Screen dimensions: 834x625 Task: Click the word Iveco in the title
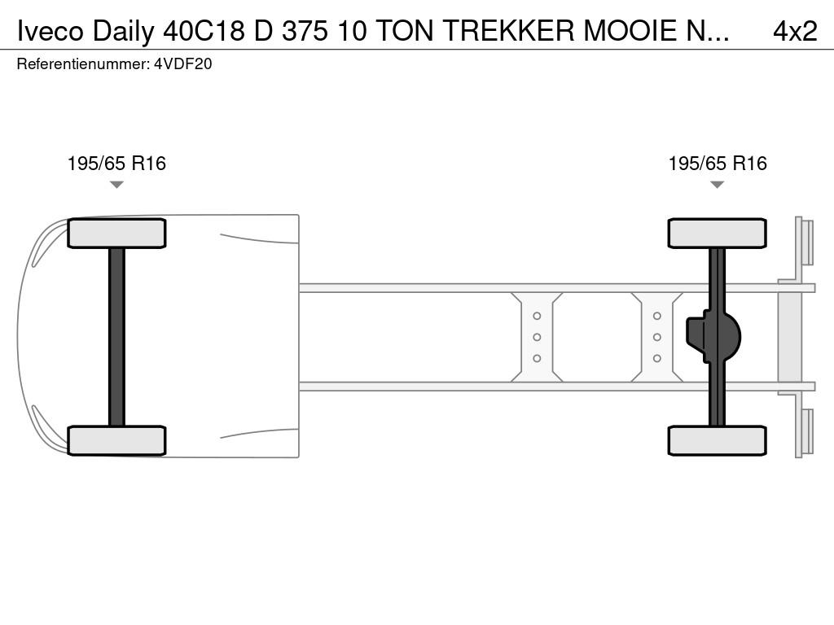pyautogui.click(x=50, y=31)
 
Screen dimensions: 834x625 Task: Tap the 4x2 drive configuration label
pyautogui.click(x=795, y=31)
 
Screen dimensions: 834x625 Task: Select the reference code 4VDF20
pyautogui.click(x=183, y=64)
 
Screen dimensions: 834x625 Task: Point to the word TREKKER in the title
pyautogui.click(x=508, y=31)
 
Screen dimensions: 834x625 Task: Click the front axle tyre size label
pyautogui.click(x=116, y=163)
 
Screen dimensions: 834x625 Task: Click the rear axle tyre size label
pyautogui.click(x=718, y=163)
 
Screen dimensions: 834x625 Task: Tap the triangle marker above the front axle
pyautogui.click(x=116, y=185)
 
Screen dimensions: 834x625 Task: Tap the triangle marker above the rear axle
pyautogui.click(x=717, y=185)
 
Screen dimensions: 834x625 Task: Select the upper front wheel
pyautogui.click(x=116, y=234)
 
